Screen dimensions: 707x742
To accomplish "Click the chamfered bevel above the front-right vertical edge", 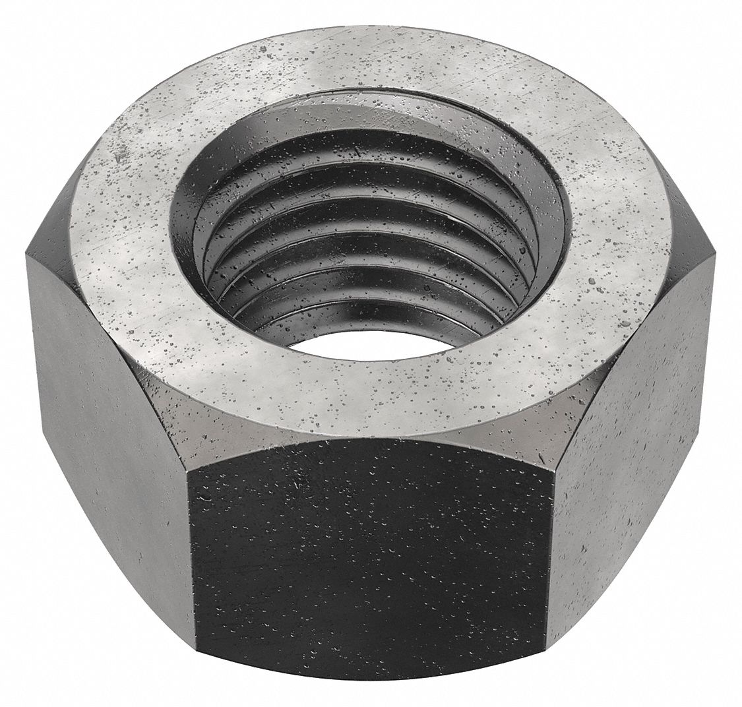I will pyautogui.click(x=577, y=422).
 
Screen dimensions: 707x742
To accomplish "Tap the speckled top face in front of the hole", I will pyautogui.click(x=369, y=396).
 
